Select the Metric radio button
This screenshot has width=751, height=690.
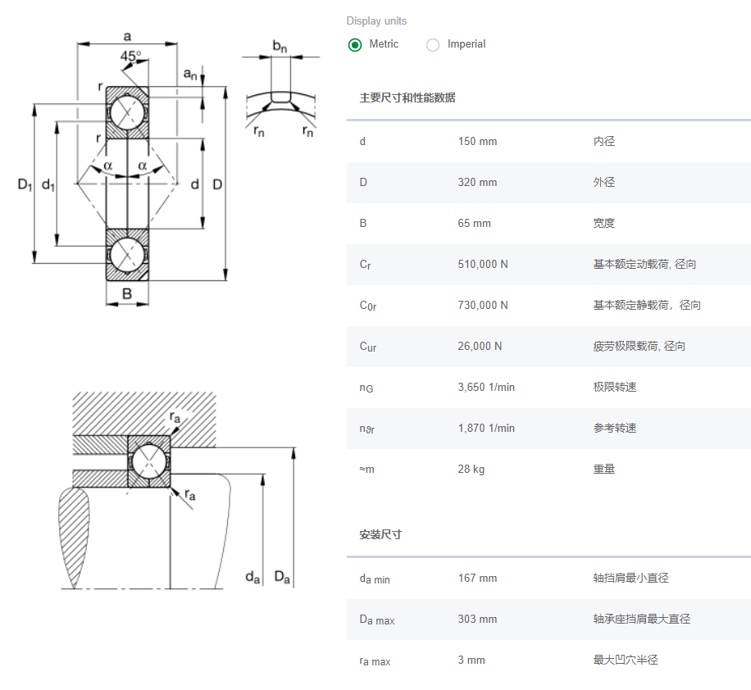[355, 45]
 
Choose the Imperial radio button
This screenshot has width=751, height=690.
[433, 45]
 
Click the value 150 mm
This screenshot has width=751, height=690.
[477, 142]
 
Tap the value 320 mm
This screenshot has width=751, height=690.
[477, 183]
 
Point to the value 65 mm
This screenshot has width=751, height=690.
[474, 224]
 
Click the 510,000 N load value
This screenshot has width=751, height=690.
[483, 265]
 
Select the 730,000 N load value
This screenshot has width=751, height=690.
[483, 306]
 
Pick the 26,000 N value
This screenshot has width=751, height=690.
[480, 347]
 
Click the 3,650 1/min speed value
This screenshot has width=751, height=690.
[486, 388]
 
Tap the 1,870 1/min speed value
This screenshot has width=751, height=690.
[486, 429]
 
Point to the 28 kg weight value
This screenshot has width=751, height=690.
[471, 470]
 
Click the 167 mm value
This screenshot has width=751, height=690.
[477, 579]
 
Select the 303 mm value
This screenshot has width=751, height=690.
[477, 620]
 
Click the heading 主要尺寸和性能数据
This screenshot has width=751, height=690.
[407, 98]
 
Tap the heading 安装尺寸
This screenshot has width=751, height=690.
[380, 535]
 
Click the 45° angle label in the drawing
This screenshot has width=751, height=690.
[130, 57]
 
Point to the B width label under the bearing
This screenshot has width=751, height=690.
[127, 294]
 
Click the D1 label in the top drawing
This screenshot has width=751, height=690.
[25, 185]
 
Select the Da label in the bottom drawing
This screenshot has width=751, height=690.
[282, 578]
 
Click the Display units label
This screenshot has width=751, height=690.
[376, 21]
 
